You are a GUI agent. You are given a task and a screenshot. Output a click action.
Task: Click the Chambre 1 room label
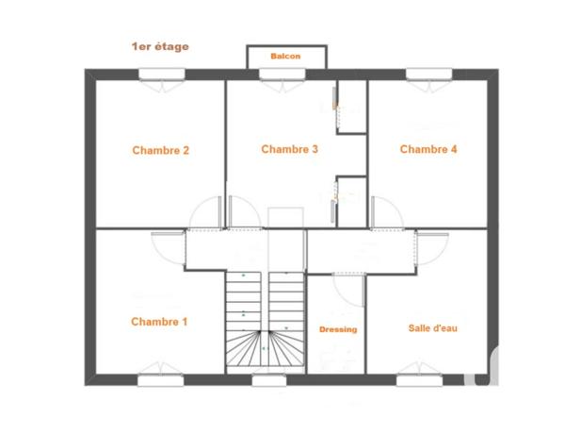[x=159, y=322]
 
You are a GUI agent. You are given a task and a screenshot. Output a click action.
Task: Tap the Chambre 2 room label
[x=161, y=150]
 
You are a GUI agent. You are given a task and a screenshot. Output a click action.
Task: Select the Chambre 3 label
[x=289, y=149]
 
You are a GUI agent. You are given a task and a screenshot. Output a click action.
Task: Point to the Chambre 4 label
[x=428, y=149]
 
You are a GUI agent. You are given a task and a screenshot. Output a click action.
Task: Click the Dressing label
[x=338, y=329]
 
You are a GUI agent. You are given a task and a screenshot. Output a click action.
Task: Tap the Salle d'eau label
[x=433, y=327]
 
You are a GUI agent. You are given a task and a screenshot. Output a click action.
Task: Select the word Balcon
[x=285, y=57]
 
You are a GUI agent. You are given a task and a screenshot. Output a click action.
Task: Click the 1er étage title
[x=160, y=45]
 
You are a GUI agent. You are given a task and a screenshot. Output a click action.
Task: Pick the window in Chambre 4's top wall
[x=428, y=75]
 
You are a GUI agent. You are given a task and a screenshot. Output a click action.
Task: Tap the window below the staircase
[x=268, y=380]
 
